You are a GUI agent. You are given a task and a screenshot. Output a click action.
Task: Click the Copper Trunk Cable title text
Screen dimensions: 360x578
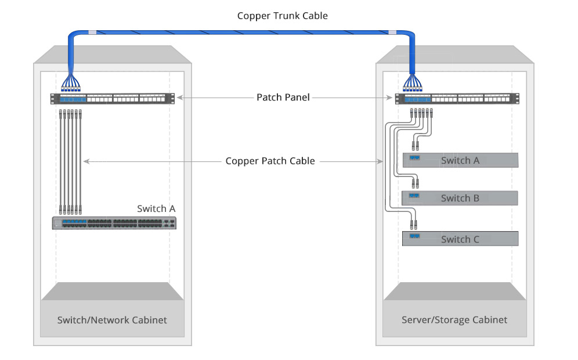click(x=283, y=16)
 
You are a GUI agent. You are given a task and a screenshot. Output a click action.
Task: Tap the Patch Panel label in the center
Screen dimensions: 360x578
click(x=283, y=98)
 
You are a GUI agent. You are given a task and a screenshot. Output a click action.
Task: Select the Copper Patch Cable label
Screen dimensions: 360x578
click(x=270, y=161)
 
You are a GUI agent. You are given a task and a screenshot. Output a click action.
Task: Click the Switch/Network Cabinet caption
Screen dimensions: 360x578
click(x=112, y=320)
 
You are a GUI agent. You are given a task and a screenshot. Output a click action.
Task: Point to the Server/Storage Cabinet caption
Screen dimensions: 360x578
click(x=454, y=320)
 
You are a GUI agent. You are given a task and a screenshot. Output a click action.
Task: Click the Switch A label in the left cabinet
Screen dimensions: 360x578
click(x=156, y=208)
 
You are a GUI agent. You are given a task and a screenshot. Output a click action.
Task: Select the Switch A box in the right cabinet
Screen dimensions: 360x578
click(x=460, y=160)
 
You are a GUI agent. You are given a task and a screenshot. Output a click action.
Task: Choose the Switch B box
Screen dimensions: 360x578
click(x=460, y=198)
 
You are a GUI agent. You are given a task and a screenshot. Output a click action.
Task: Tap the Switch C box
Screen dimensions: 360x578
click(x=460, y=239)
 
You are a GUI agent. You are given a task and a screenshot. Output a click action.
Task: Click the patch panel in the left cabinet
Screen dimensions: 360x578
click(x=112, y=99)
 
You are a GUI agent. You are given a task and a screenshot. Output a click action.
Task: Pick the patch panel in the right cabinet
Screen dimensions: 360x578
click(x=454, y=99)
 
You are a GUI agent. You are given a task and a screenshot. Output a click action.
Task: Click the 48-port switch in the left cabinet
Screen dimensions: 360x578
click(x=114, y=222)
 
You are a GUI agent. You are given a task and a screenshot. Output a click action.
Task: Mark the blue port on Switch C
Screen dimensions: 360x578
click(x=414, y=236)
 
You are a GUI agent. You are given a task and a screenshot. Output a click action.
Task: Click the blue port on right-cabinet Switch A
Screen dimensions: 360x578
click(x=414, y=157)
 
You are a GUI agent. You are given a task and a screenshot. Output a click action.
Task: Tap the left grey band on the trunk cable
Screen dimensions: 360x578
click(x=92, y=33)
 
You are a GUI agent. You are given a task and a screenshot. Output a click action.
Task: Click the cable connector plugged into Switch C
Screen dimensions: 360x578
click(x=414, y=225)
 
